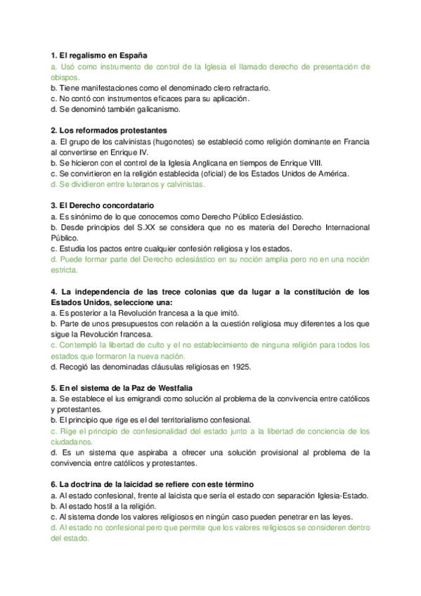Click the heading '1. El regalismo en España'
pyautogui.click(x=98, y=55)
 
